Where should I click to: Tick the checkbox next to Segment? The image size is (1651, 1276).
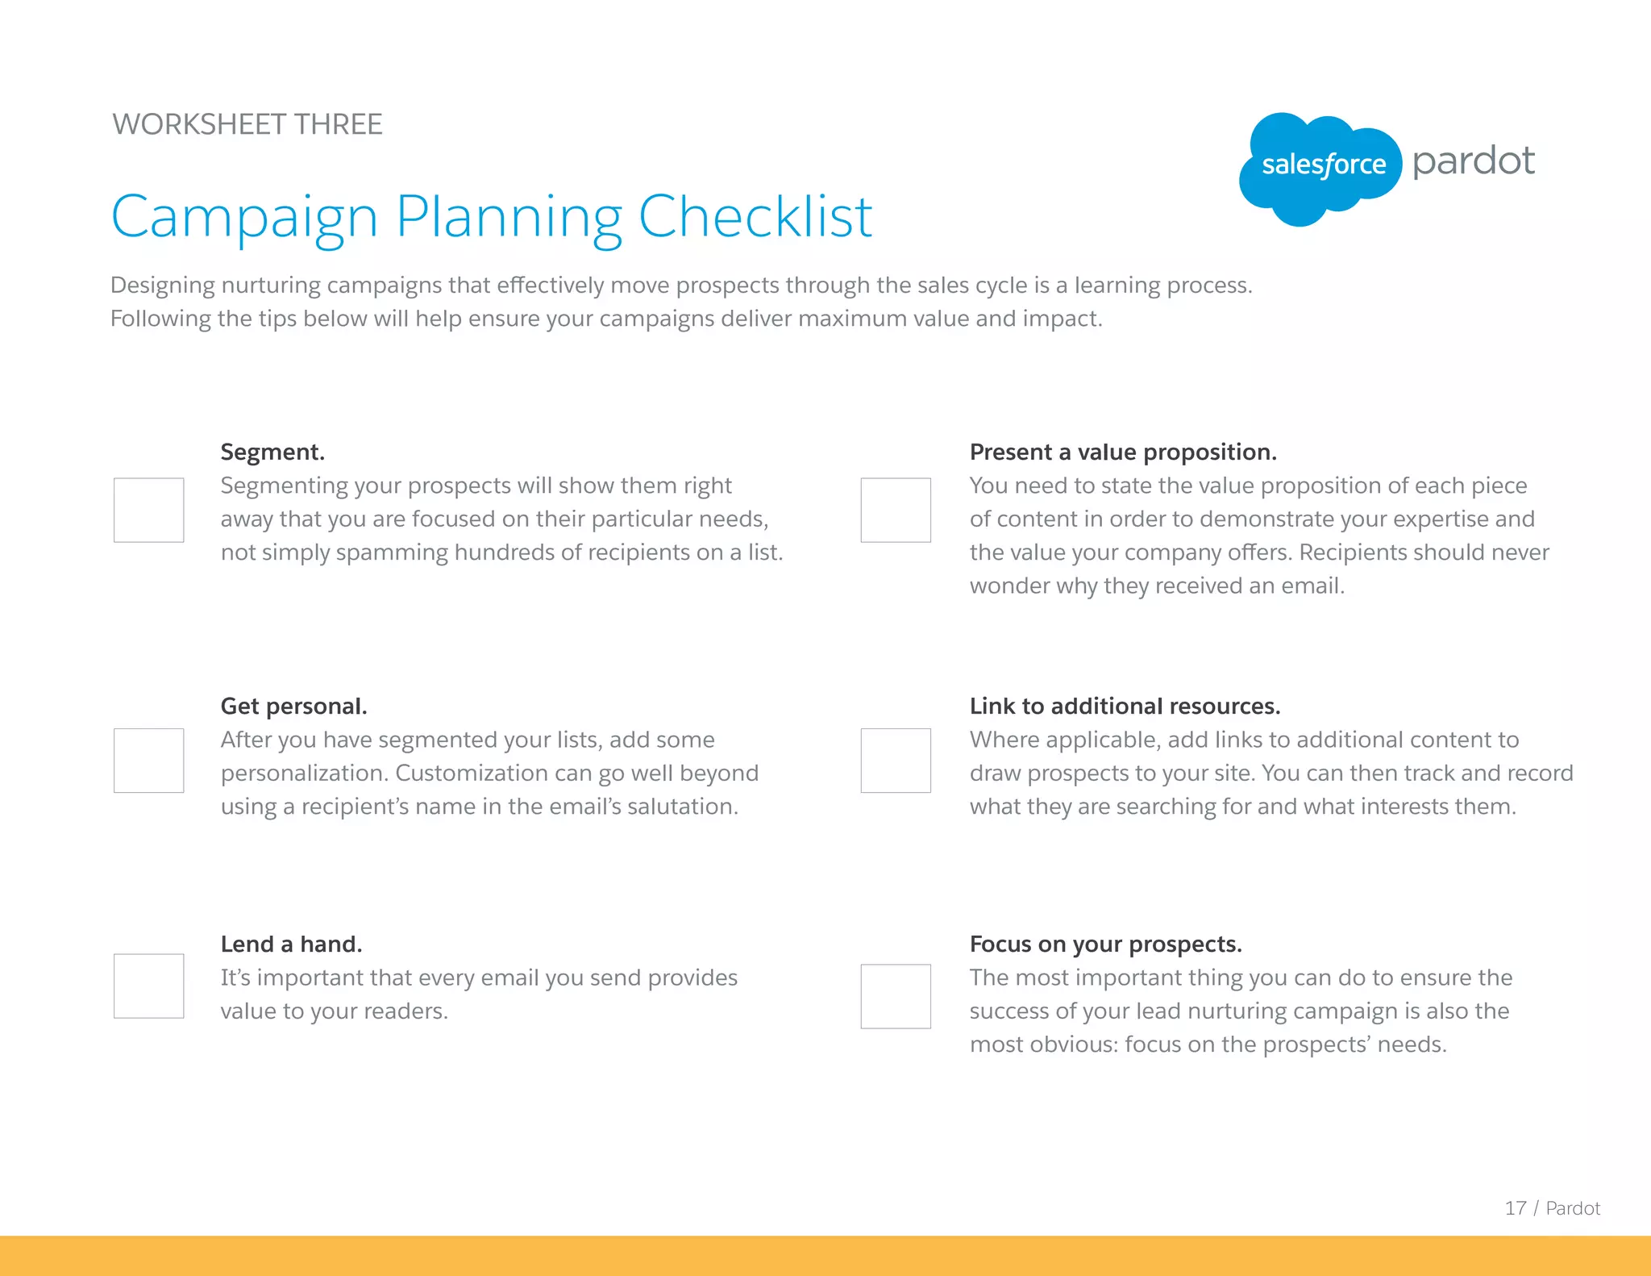[148, 510]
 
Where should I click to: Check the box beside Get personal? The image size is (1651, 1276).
[148, 760]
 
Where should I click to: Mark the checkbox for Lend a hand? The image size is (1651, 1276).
[148, 986]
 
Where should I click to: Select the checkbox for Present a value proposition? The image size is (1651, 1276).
[896, 510]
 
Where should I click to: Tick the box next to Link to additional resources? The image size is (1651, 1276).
[896, 760]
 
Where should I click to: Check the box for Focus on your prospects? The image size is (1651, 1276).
[896, 996]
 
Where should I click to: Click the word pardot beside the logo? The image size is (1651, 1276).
[1474, 161]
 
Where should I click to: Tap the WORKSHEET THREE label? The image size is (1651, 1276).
[247, 124]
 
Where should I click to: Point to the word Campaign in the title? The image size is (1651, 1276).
[244, 218]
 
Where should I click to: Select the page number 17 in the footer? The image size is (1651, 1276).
[1515, 1208]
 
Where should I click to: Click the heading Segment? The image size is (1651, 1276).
[272, 452]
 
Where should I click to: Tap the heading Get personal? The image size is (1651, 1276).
[293, 706]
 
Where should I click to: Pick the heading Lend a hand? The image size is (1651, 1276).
[291, 944]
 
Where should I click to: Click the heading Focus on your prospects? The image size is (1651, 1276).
[1105, 944]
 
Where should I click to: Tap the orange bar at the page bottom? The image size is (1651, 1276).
[825, 1256]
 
